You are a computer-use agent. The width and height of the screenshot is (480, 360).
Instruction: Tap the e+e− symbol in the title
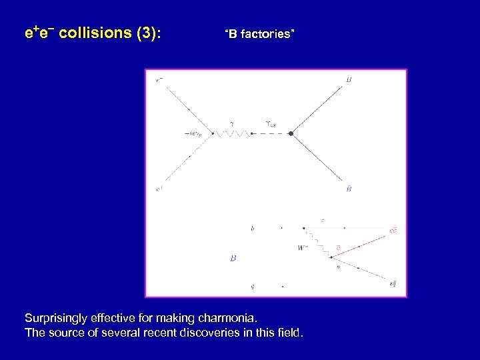(39, 33)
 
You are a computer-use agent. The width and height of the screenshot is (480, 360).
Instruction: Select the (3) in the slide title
(147, 33)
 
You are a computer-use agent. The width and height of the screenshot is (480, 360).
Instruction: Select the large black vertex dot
(291, 134)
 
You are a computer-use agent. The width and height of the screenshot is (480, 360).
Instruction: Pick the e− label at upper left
(159, 81)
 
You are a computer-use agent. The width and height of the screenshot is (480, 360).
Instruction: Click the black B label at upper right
(349, 81)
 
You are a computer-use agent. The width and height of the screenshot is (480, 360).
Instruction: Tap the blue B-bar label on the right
(349, 189)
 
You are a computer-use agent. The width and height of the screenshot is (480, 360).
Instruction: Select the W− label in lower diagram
(302, 249)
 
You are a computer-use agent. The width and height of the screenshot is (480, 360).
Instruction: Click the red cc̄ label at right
(394, 231)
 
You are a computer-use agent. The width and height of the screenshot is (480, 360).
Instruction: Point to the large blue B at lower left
(233, 257)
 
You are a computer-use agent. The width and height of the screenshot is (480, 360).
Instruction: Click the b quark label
(252, 229)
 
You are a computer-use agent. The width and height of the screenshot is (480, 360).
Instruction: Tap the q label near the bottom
(251, 286)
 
